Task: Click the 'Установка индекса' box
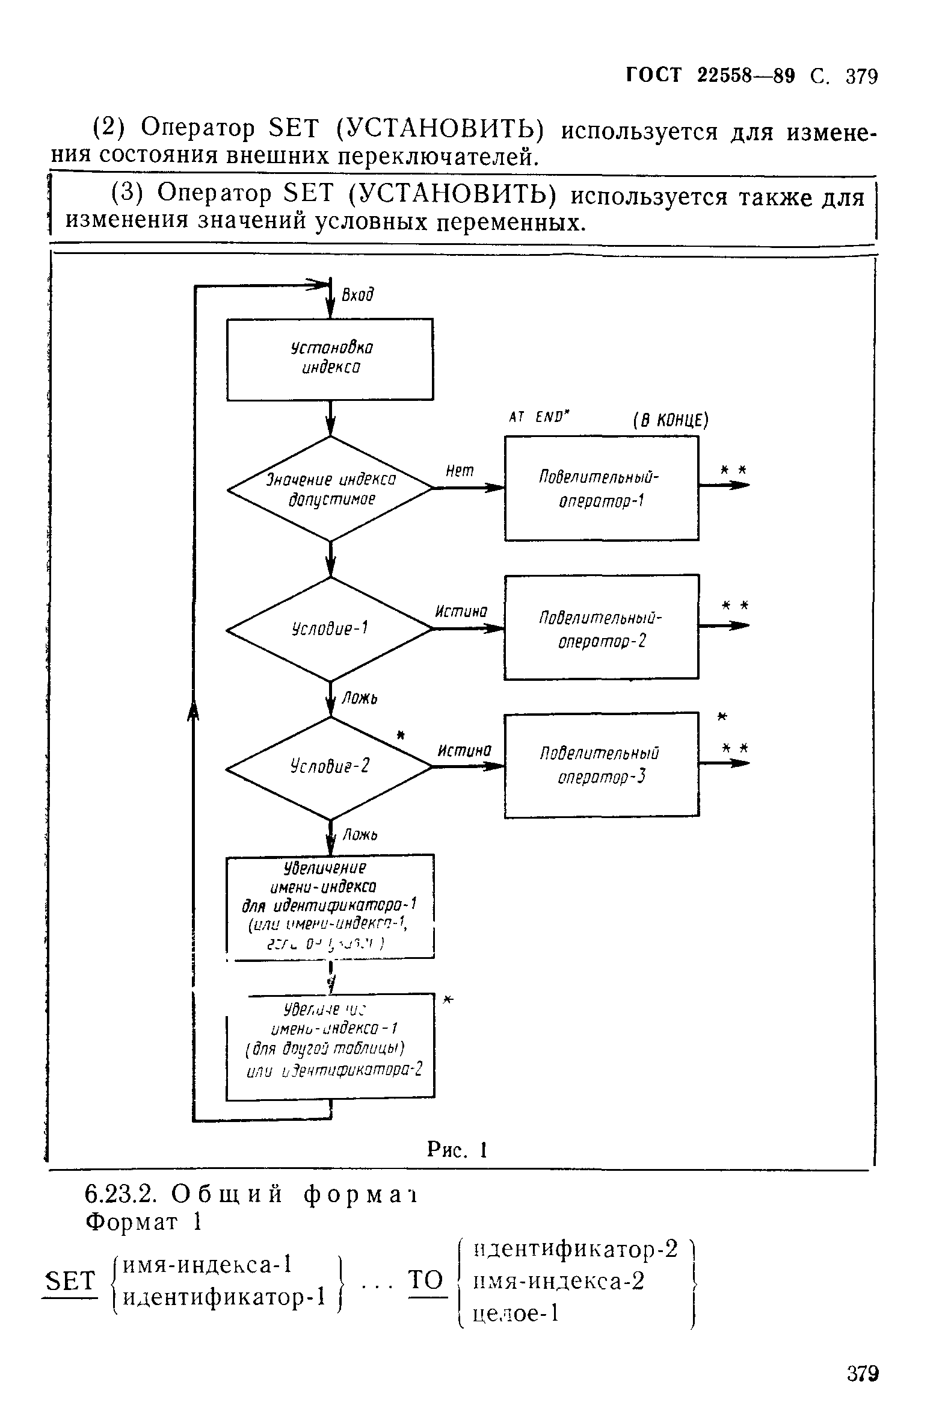(x=330, y=359)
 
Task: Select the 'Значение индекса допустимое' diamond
(x=330, y=489)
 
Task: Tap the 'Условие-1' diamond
(x=330, y=629)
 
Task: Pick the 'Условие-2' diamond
(x=330, y=768)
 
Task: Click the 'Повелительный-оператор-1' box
(x=601, y=488)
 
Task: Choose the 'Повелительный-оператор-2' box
(x=601, y=627)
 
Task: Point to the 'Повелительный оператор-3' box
(x=601, y=765)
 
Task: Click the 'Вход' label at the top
(x=357, y=295)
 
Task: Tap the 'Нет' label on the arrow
(x=460, y=471)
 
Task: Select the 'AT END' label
(x=539, y=417)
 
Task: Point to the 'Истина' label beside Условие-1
(x=461, y=612)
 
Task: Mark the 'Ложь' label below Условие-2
(x=360, y=835)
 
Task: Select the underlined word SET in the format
(x=70, y=1280)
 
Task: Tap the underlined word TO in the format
(x=426, y=1279)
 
